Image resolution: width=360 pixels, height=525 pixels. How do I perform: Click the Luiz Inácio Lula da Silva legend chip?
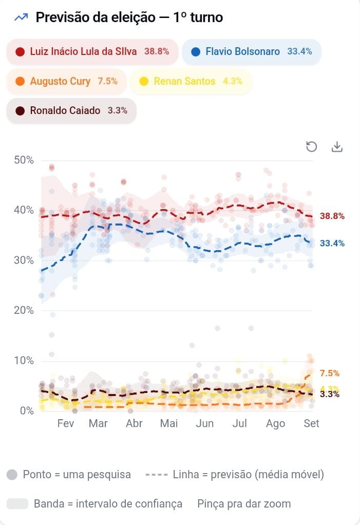point(92,51)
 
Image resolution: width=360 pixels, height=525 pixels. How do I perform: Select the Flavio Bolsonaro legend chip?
point(252,51)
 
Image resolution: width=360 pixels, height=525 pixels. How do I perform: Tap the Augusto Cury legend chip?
point(67,81)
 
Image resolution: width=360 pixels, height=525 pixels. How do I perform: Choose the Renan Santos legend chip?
point(191,81)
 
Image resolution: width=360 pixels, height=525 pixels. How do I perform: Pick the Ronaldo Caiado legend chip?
point(71,110)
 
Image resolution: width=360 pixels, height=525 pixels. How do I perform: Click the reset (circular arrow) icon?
point(312,146)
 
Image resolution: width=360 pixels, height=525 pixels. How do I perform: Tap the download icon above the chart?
point(337,146)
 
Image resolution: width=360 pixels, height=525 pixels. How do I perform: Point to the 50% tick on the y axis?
point(24,160)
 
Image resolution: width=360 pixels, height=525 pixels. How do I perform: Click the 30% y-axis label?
point(24,260)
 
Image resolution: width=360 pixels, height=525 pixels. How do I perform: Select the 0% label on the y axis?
point(27,410)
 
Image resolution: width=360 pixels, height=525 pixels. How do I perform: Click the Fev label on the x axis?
point(66,423)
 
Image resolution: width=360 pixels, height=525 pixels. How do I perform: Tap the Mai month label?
point(169,423)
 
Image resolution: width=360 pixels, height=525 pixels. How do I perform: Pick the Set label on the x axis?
point(311,423)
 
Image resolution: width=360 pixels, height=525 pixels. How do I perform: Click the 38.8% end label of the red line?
point(332,216)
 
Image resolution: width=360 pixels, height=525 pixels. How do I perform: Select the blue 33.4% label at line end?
point(332,243)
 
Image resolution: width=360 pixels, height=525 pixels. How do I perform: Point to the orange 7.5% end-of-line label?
point(330,373)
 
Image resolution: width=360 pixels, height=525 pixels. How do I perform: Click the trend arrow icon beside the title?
point(21,17)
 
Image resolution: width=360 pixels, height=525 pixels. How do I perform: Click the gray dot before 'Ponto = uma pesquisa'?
point(12,475)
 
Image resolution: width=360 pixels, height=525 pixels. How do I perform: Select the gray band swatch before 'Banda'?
point(17,503)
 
